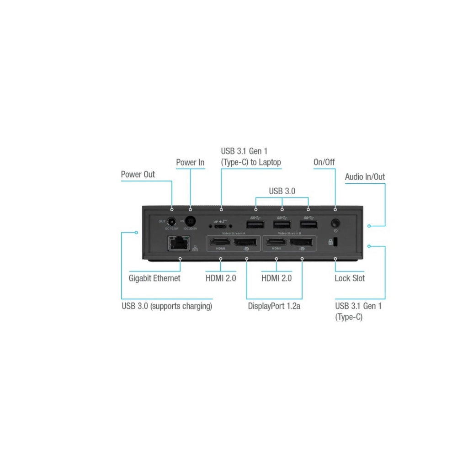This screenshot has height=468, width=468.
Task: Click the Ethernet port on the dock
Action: coord(179,243)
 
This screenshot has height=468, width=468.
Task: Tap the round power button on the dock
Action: coord(335,224)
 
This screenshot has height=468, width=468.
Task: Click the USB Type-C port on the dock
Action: coord(221,225)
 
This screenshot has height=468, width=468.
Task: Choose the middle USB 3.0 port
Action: coord(282,224)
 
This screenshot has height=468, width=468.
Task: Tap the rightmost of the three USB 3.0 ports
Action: coord(308,224)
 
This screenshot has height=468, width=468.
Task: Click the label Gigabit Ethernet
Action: coord(154,278)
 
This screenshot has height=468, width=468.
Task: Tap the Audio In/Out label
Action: coord(365,177)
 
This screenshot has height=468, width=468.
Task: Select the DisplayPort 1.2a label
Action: coord(274,306)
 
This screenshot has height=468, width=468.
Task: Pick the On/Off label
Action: coord(324,162)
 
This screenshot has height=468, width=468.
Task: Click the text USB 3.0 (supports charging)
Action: coord(167,306)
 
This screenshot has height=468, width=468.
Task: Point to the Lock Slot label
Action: coord(350,278)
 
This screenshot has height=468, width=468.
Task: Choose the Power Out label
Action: coord(138,174)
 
